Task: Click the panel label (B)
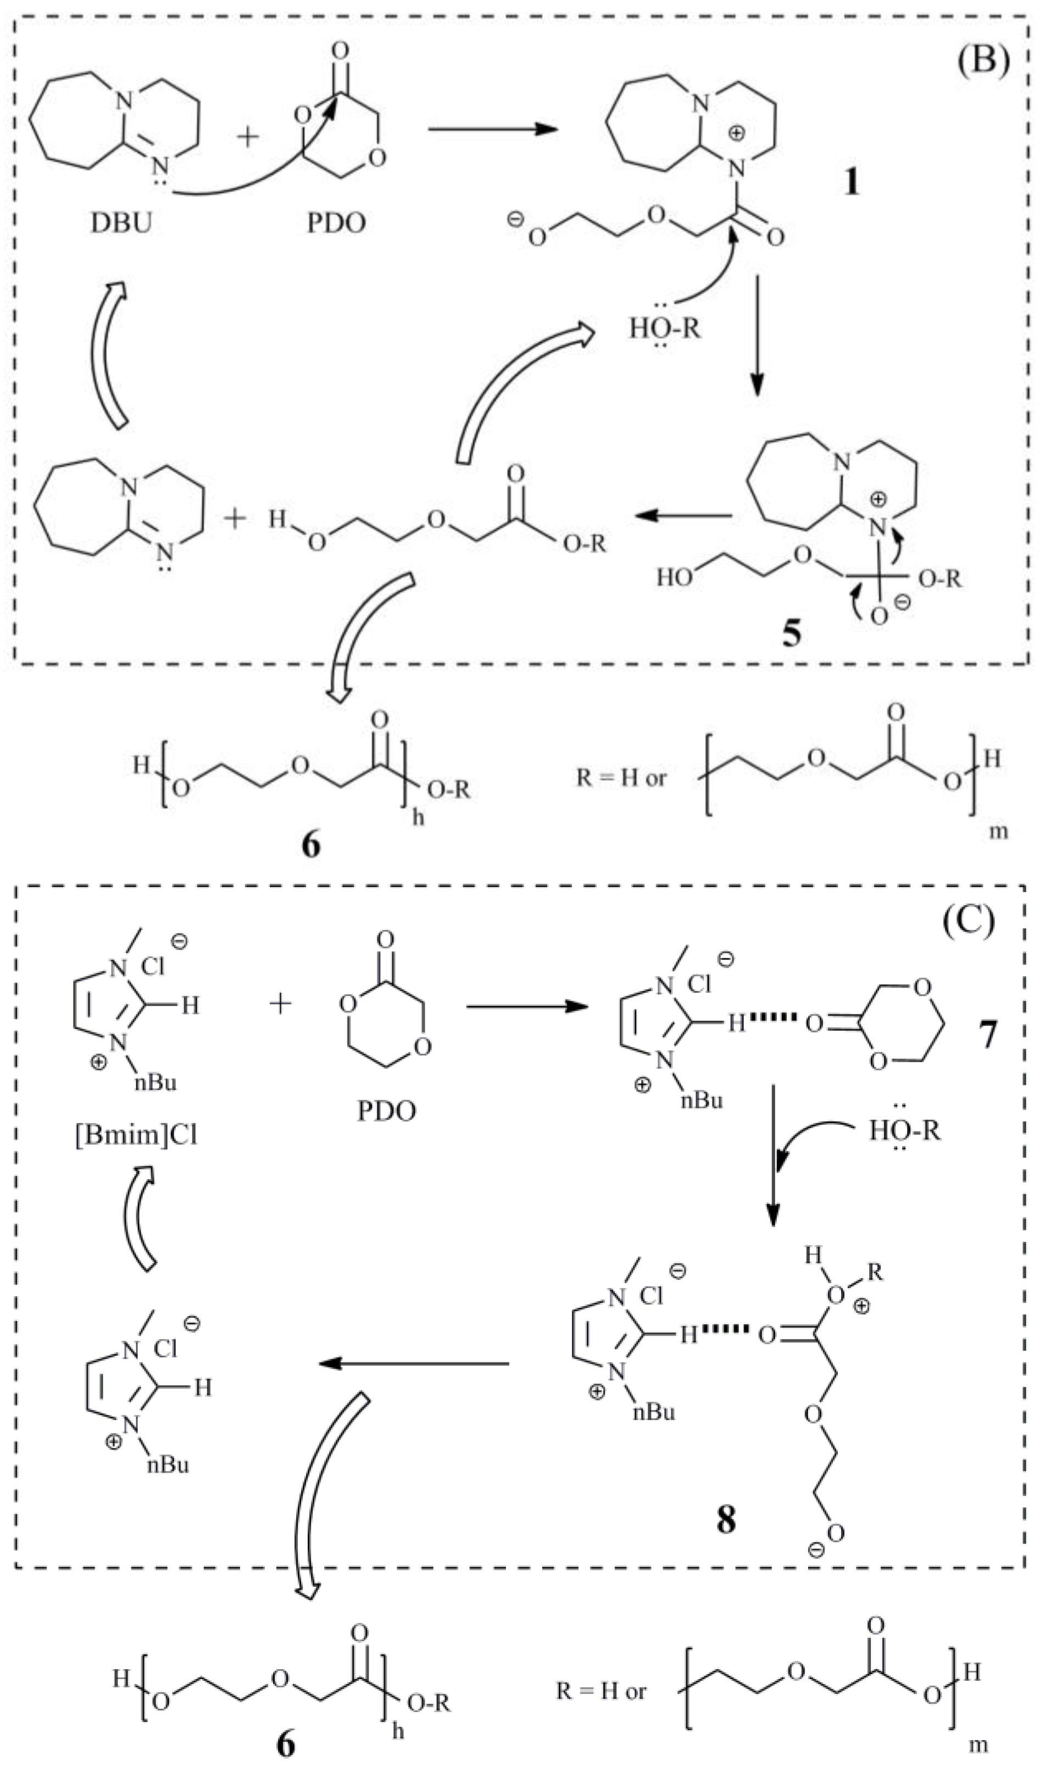point(983,60)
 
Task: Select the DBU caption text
point(121,223)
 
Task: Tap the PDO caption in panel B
point(336,223)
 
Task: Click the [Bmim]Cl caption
point(136,1135)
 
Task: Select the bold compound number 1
point(852,182)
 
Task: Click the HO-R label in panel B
point(665,328)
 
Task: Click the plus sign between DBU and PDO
point(248,135)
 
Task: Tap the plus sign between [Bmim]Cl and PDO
point(281,1003)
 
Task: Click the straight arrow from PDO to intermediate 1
point(493,129)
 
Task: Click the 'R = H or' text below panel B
point(621,778)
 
